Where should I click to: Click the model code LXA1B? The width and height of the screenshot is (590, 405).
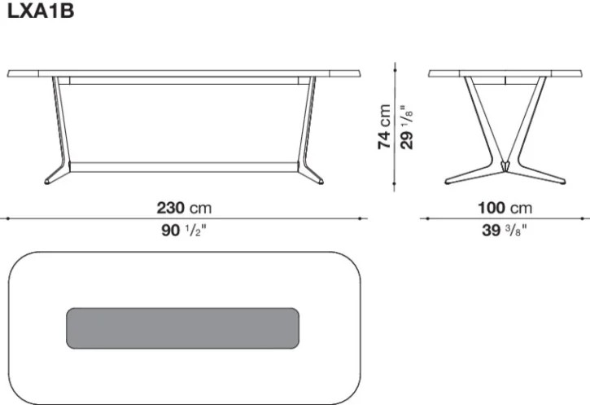point(40,12)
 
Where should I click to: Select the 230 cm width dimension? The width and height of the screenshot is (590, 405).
point(185,208)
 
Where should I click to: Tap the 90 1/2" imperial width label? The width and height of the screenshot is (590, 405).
point(185,230)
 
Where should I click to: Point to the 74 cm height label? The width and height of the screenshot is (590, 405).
point(384,126)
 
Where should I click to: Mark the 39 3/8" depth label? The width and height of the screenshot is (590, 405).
point(504,230)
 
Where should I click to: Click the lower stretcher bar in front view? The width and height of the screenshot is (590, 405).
point(185,167)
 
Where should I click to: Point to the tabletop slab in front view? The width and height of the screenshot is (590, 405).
point(185,73)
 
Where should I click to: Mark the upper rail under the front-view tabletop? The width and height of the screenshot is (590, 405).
point(185,81)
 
